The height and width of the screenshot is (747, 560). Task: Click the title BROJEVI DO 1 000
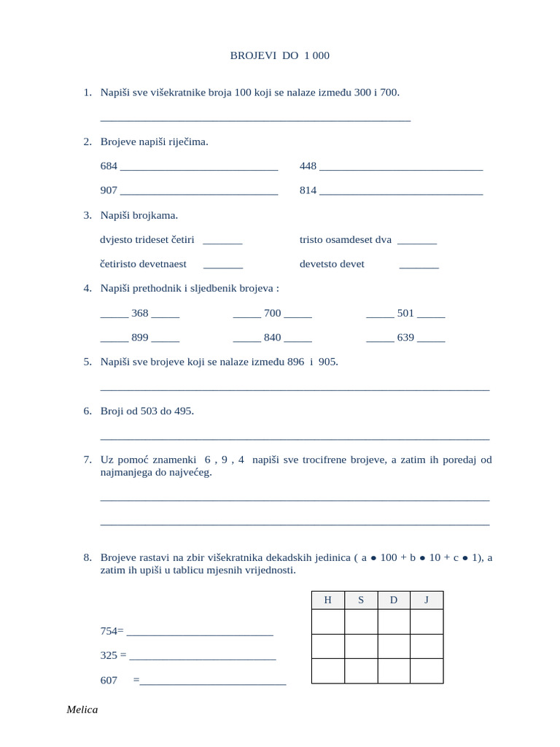274,55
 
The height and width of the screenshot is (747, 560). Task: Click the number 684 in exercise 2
109,166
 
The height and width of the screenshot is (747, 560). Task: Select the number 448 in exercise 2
308,166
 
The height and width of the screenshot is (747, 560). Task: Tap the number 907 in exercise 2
109,190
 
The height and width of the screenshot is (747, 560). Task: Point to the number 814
308,190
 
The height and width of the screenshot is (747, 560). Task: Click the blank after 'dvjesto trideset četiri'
222,241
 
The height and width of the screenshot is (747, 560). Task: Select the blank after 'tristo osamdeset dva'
417,241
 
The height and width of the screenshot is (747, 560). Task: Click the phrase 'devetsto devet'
332,264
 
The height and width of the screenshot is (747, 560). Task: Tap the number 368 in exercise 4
140,313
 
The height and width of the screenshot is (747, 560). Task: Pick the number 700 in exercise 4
272,313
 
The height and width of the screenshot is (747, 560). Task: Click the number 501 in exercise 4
405,313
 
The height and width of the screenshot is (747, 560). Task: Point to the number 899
140,338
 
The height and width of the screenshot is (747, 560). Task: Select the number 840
272,338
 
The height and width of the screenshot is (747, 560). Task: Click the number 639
405,338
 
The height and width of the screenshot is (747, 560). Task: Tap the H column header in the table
327,600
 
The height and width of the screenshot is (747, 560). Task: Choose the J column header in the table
427,600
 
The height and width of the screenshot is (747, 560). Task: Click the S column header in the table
361,600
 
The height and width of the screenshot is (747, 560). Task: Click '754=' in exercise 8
112,631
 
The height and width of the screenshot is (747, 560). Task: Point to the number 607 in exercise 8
109,680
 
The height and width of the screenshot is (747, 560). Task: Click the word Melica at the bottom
82,710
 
